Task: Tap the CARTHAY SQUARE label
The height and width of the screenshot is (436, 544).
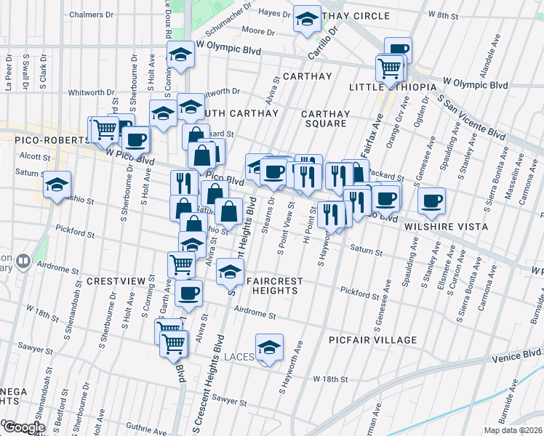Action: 325,118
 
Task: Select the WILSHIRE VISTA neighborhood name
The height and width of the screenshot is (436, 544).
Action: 436,226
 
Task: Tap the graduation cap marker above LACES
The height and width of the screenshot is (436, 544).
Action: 270,348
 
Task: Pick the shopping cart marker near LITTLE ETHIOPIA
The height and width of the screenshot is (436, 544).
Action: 390,68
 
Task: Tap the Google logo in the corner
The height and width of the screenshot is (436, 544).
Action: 23,427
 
